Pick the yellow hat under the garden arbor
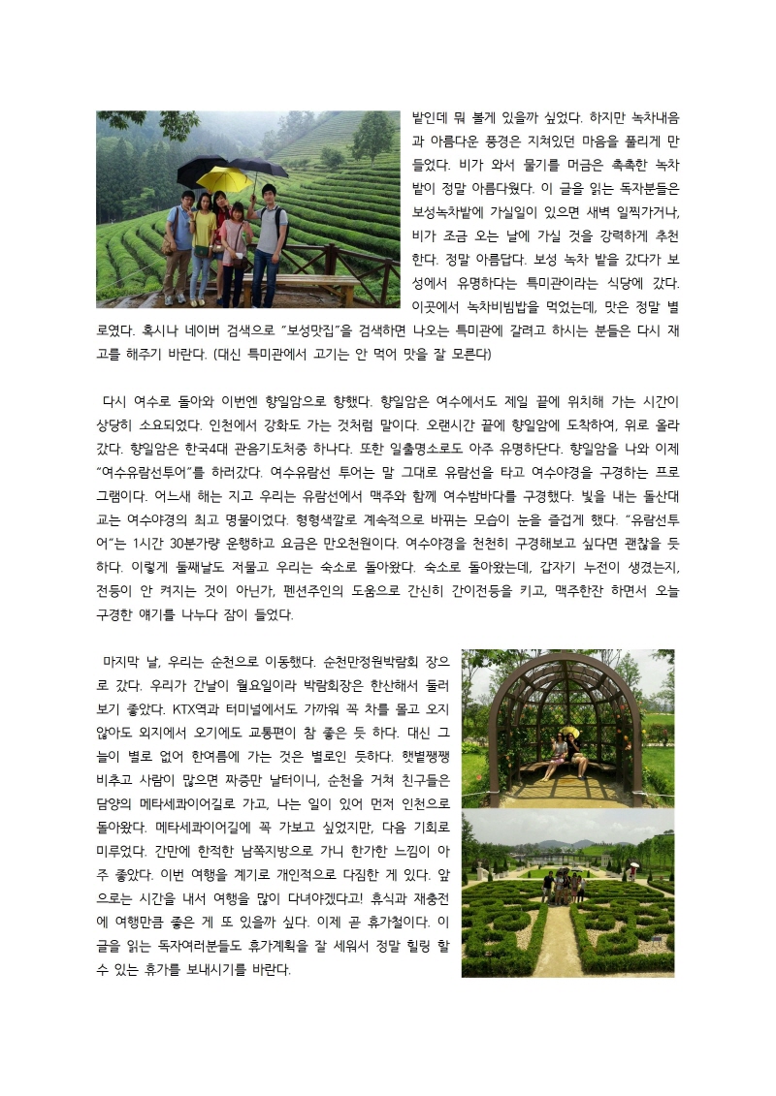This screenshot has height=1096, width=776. coord(567,731)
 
